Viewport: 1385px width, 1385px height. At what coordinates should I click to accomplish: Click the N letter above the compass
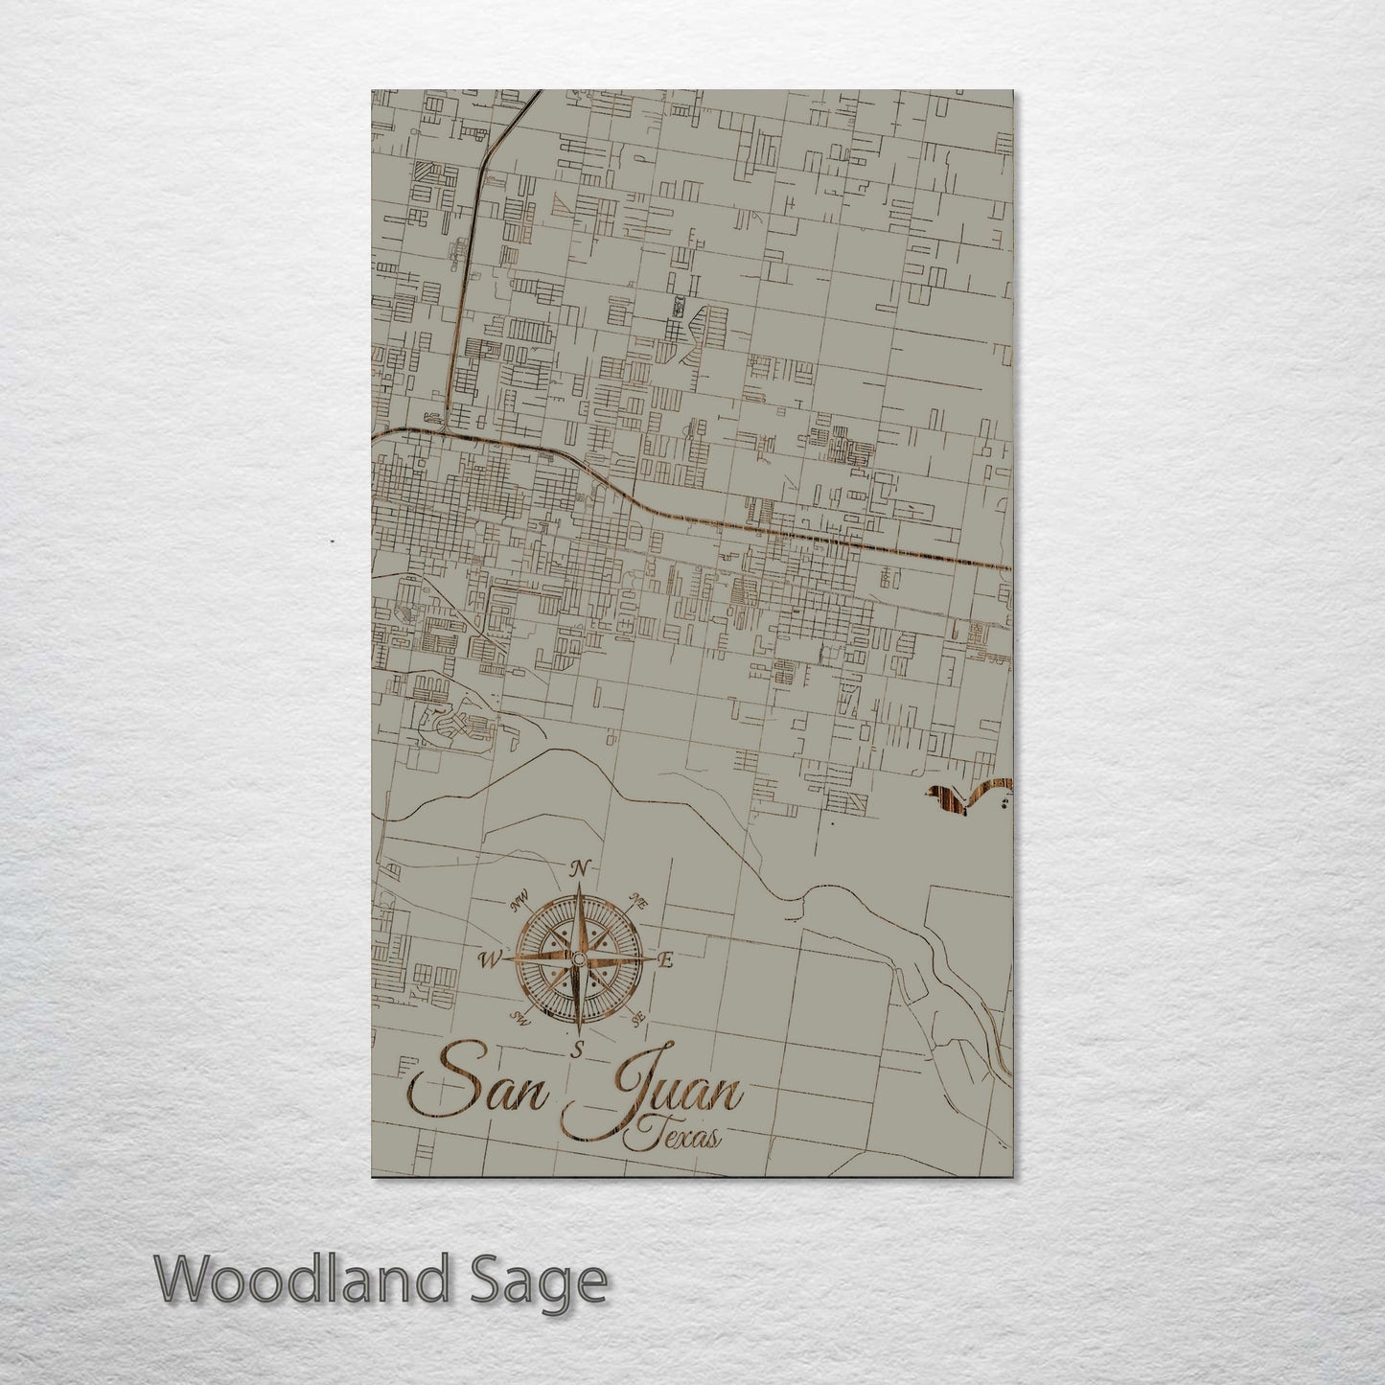(579, 869)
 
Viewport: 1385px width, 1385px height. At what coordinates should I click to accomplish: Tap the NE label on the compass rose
(637, 899)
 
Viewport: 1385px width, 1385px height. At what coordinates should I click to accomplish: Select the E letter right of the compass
(668, 960)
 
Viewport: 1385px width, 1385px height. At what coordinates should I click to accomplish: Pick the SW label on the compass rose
(520, 1017)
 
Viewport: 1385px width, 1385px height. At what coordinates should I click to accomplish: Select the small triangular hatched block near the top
(569, 206)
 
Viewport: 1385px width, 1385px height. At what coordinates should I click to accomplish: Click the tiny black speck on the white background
(332, 542)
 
